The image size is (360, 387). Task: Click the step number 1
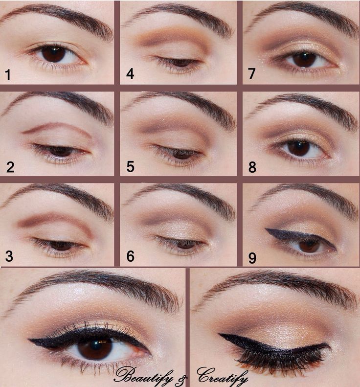[8, 75]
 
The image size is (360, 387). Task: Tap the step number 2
[10, 167]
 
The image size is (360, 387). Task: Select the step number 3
[9, 256]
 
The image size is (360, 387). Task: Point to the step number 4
[130, 74]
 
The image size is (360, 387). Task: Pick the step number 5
[130, 167]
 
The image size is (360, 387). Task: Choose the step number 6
[130, 256]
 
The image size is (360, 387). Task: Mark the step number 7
[252, 73]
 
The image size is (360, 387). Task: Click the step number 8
[252, 167]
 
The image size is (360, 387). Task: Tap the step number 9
[252, 258]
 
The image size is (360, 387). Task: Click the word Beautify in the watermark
[143, 376]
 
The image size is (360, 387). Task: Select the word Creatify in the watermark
[222, 376]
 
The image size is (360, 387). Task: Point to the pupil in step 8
[298, 147]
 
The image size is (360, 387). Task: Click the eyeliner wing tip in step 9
[266, 229]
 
